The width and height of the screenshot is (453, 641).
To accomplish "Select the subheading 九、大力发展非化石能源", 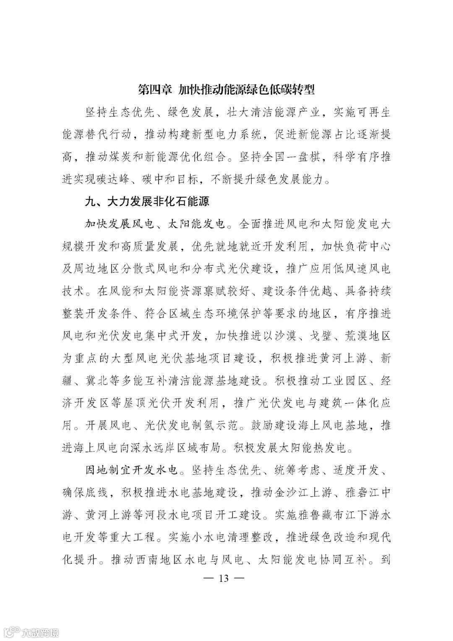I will tap(147, 202).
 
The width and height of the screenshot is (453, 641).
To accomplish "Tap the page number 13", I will tap(223, 578).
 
